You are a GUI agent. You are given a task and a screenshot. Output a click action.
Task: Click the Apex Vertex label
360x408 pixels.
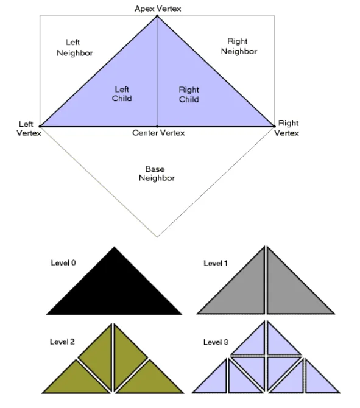(158, 9)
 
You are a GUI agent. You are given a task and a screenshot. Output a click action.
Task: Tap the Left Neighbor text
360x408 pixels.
(75, 47)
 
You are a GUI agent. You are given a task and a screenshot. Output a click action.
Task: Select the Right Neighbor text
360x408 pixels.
(239, 46)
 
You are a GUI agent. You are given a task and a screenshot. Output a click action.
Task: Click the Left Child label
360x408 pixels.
(122, 94)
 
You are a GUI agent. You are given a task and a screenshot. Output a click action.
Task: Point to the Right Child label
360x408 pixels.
(189, 94)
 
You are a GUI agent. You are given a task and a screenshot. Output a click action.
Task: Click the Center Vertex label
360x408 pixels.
(158, 133)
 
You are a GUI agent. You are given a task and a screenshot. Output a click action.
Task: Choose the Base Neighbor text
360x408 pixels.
(157, 174)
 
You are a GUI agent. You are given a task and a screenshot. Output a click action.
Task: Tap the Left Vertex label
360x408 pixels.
(29, 128)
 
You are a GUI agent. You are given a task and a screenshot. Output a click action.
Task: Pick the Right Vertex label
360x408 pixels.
(286, 128)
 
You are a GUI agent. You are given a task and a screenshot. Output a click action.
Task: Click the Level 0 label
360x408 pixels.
(63, 263)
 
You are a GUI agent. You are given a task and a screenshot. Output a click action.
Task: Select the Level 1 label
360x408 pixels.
(216, 263)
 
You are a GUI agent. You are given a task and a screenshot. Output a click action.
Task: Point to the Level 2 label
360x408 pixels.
(62, 342)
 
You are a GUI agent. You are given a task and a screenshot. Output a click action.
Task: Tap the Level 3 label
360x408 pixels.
(216, 342)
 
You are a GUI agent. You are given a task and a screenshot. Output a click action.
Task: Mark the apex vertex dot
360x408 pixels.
(157, 16)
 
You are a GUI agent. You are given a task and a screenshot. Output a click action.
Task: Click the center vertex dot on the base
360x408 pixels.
(157, 127)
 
